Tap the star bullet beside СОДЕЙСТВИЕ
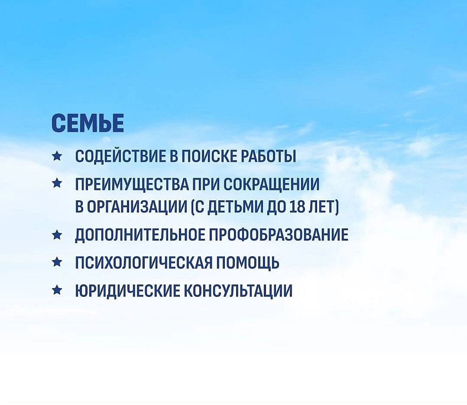coord(56,156)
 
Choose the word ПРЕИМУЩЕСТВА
coord(132,185)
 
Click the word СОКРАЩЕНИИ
coord(271,185)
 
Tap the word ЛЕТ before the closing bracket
coord(321,206)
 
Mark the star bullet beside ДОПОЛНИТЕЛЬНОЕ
coord(56,235)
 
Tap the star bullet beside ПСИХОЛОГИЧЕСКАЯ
coord(56,262)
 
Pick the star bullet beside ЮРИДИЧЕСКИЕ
coord(56,290)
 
